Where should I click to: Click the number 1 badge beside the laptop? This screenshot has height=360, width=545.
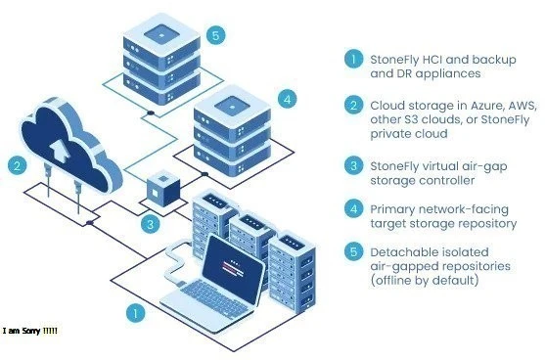click(137, 314)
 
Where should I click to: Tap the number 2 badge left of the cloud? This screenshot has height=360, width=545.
click(16, 165)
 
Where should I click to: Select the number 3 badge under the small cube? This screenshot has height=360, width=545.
click(149, 224)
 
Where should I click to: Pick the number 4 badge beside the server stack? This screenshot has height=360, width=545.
click(286, 99)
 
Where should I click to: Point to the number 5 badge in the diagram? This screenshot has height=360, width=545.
click(217, 34)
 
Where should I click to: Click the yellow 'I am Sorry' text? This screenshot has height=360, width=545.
click(30, 332)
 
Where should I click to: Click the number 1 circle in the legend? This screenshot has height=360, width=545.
click(355, 59)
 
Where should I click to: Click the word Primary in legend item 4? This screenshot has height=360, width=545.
click(393, 207)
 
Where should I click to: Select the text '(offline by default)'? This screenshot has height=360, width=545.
click(425, 282)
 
